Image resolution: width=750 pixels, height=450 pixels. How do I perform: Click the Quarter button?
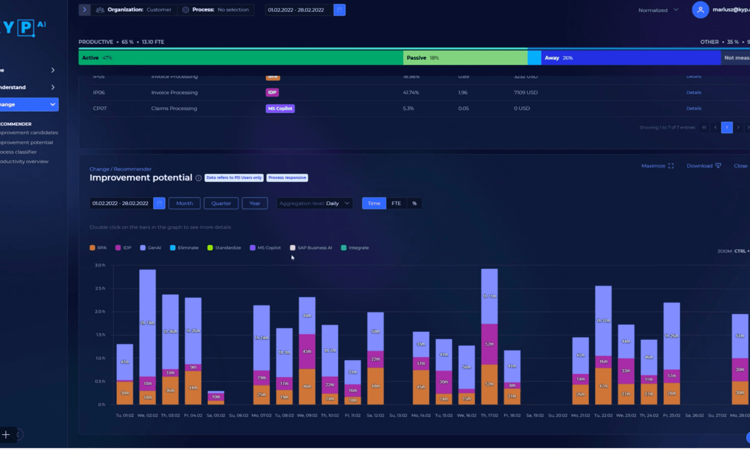tap(221, 203)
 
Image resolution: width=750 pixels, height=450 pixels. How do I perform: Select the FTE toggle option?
tap(396, 203)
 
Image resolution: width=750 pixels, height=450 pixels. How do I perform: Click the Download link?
tap(703, 166)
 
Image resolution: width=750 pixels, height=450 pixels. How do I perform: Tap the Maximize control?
tap(657, 166)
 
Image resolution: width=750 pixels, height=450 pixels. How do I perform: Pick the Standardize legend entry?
tap(224, 248)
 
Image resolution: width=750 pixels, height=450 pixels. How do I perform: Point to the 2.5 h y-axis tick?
tap(100, 288)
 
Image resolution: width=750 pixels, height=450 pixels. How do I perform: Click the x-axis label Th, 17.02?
tap(489, 415)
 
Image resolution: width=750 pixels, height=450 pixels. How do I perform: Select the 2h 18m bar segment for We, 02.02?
tap(147, 323)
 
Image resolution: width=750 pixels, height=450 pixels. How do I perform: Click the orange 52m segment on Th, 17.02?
tap(489, 384)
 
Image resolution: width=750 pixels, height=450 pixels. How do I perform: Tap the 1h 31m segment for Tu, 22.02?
tap(603, 320)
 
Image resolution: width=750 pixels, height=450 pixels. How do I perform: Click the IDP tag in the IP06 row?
tap(272, 92)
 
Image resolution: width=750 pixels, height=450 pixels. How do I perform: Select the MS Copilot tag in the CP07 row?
tap(280, 108)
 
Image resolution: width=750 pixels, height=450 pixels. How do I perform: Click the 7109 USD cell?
tap(525, 92)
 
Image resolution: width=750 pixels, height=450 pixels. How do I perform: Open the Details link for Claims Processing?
tap(693, 108)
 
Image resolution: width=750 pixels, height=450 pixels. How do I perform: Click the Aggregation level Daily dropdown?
tap(314, 203)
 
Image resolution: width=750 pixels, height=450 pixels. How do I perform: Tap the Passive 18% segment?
tap(465, 58)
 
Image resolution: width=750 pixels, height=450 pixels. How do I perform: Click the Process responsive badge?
tap(287, 178)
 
